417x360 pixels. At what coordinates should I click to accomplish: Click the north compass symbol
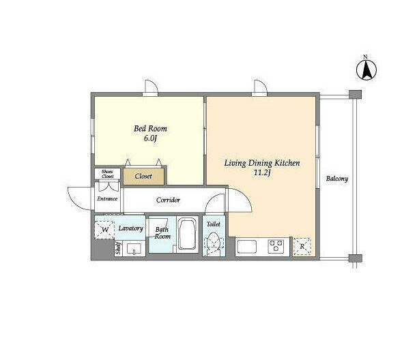366,70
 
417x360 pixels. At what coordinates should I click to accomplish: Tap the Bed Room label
150,129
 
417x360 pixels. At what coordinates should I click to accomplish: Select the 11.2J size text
262,173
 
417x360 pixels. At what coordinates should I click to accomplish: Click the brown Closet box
143,177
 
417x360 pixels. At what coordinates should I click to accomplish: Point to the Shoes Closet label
107,174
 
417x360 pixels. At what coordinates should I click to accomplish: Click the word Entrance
107,198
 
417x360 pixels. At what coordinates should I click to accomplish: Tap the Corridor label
168,200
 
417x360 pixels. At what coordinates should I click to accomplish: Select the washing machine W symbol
105,230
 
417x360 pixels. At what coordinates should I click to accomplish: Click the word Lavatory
130,228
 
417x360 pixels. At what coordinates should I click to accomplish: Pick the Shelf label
118,248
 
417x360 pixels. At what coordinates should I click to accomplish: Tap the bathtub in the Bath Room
188,234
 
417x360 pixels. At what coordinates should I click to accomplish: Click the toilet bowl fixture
214,243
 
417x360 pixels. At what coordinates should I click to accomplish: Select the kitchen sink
247,247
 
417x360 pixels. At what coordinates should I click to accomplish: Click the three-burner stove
276,245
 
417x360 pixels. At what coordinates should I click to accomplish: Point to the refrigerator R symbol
302,247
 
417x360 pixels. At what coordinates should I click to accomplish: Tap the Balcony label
337,179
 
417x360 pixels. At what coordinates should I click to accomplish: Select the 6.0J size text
150,138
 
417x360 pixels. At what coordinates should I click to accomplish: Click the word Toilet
214,224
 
